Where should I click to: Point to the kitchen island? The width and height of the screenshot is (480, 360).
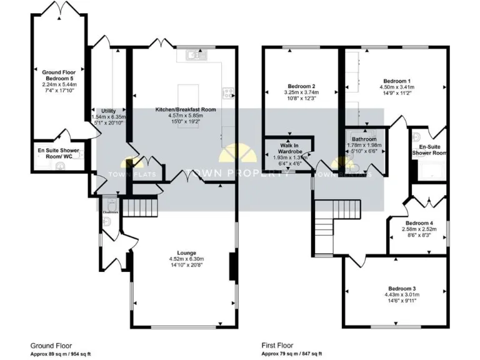[x=187, y=94]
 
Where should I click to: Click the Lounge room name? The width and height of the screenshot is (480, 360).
[x=182, y=252]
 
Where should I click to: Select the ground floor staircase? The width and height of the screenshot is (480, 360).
[x=138, y=206]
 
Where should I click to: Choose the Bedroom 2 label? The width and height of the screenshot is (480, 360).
[x=301, y=86]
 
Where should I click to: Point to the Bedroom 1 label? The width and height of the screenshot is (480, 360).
[x=396, y=81]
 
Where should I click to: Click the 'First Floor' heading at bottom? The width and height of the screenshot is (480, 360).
[x=277, y=345]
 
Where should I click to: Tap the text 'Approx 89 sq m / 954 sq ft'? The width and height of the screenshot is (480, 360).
[x=61, y=352]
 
